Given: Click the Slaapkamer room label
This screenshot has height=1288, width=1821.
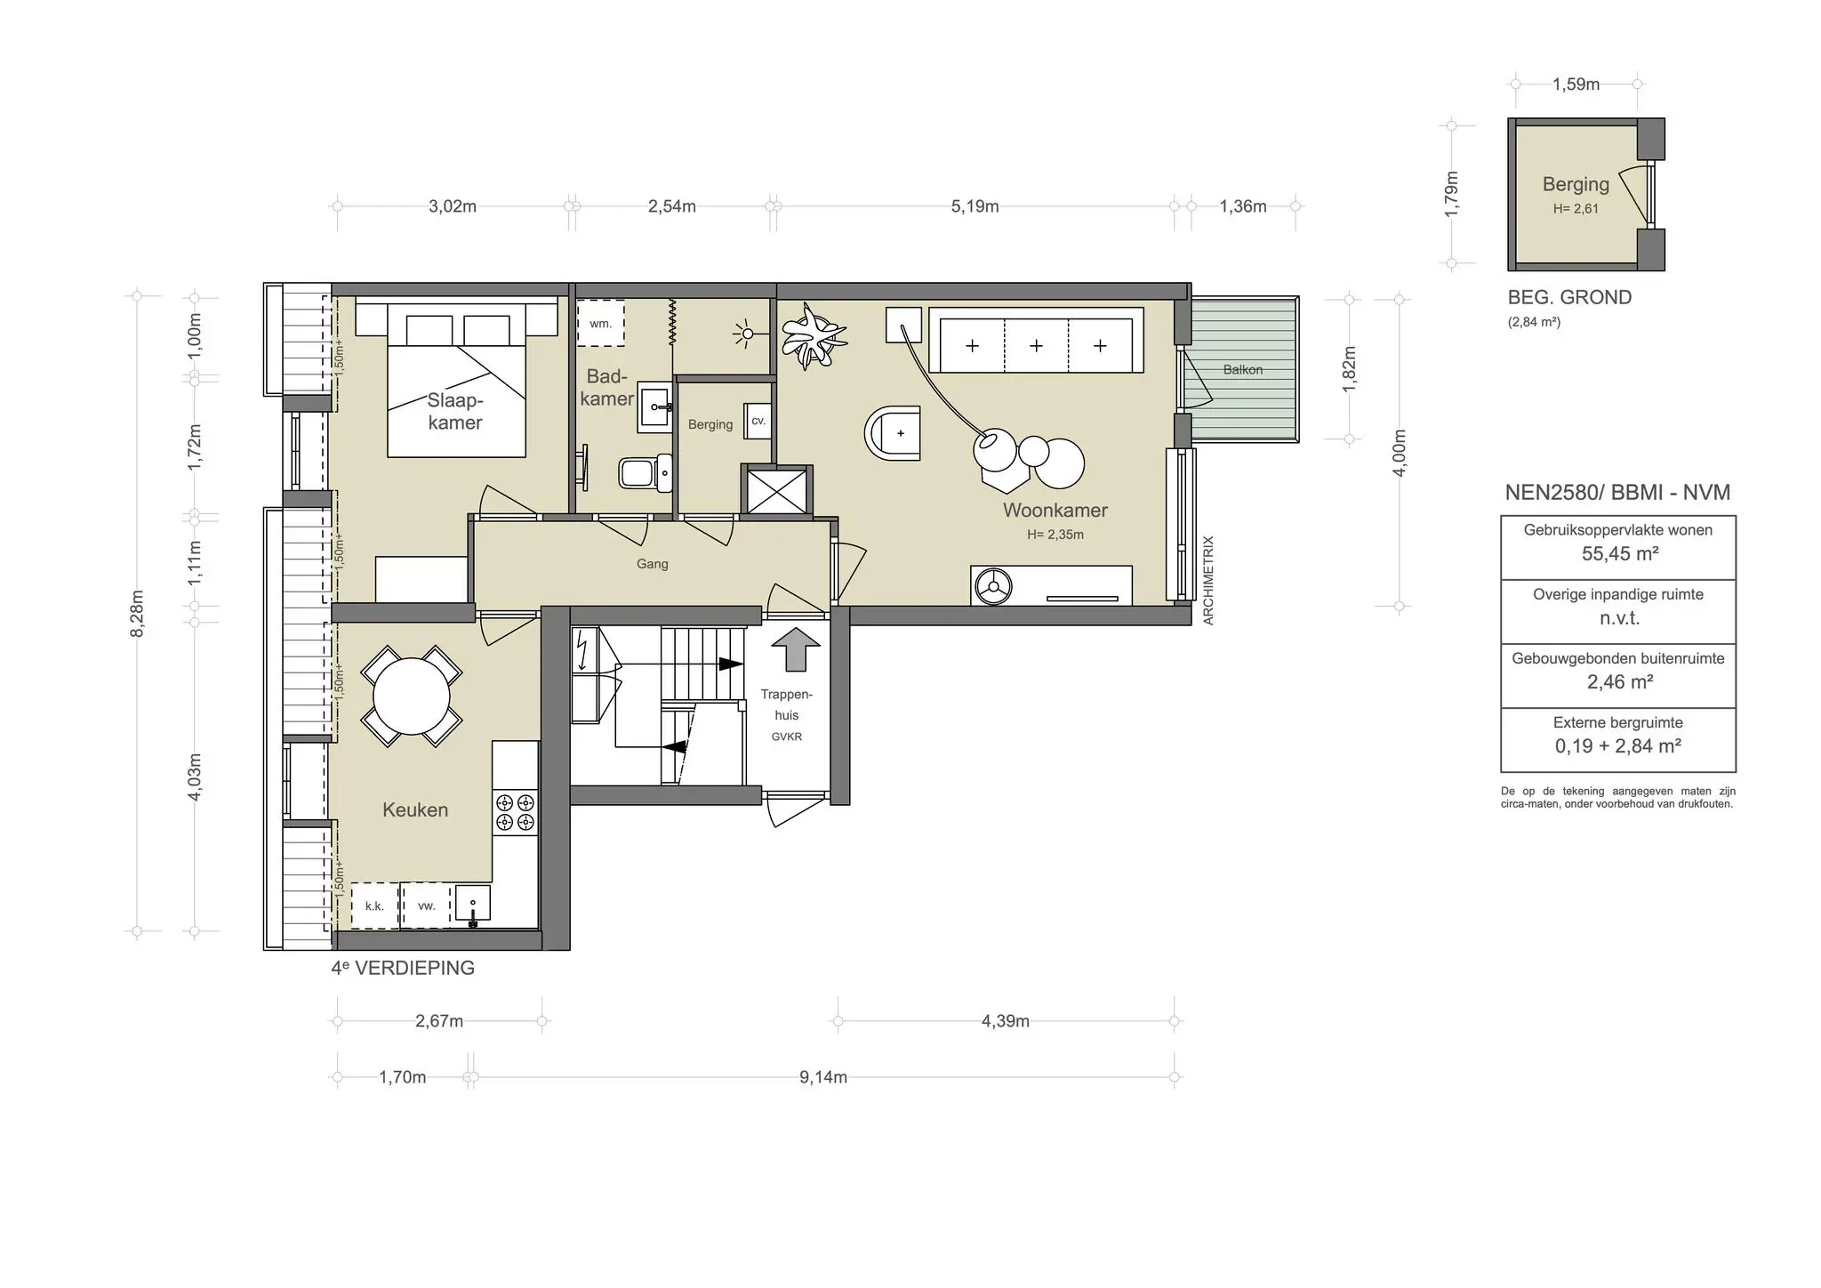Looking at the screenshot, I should (x=454, y=411).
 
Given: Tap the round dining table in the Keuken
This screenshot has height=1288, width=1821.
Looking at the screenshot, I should (x=411, y=696).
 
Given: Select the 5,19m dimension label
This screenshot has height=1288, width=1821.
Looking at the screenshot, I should (x=975, y=206).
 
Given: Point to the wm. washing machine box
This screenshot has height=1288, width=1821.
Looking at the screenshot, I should (x=601, y=324).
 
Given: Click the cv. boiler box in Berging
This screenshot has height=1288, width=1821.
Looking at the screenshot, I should (x=758, y=422).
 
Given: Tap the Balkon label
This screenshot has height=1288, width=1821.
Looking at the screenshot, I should (x=1242, y=369).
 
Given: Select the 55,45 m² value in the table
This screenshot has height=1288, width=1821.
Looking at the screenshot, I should (x=1619, y=554).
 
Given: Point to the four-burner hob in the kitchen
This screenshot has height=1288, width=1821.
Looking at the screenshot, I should (x=516, y=811).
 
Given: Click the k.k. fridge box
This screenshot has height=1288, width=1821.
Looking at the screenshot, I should (x=374, y=906).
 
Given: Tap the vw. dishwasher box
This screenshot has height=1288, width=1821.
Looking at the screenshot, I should (x=426, y=906).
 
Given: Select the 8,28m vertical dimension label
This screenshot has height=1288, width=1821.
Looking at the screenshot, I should (x=137, y=614).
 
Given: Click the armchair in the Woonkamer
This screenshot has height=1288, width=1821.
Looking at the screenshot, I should (x=894, y=434).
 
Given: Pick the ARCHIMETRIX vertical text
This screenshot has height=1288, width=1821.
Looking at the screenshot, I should (x=1207, y=580).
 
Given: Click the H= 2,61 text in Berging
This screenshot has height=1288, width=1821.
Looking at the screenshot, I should (x=1576, y=209).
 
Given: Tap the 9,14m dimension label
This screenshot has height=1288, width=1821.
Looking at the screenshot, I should (x=822, y=1077).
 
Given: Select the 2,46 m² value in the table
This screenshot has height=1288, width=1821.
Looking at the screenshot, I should (x=1619, y=682).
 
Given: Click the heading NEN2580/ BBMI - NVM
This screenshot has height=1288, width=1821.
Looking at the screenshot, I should (x=1617, y=492).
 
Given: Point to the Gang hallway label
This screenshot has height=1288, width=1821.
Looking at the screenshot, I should (x=652, y=564).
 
